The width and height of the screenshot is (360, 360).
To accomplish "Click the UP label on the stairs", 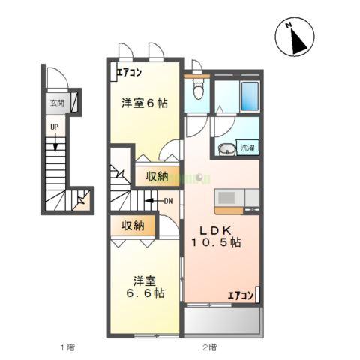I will (53, 127).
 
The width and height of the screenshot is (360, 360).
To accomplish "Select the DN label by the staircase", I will (169, 200).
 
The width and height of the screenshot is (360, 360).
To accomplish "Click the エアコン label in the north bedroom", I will (130, 73).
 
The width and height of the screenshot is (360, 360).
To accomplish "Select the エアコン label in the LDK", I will (241, 295).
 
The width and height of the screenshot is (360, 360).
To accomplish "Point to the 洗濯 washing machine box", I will (247, 147).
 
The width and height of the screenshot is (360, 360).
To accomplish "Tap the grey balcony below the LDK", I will (222, 320).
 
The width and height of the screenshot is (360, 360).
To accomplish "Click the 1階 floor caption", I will (67, 347).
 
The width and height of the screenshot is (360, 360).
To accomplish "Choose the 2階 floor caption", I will (208, 347).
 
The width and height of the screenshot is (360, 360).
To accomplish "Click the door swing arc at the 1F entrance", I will (55, 77).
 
